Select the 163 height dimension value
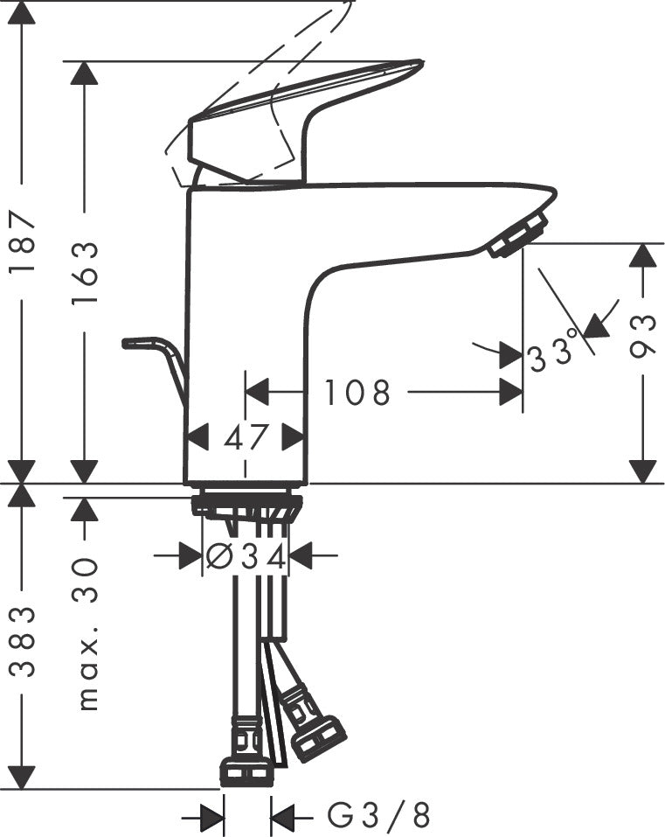click(85, 272)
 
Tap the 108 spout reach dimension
click(357, 394)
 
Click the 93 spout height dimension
click(643, 338)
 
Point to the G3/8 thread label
click(379, 816)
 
